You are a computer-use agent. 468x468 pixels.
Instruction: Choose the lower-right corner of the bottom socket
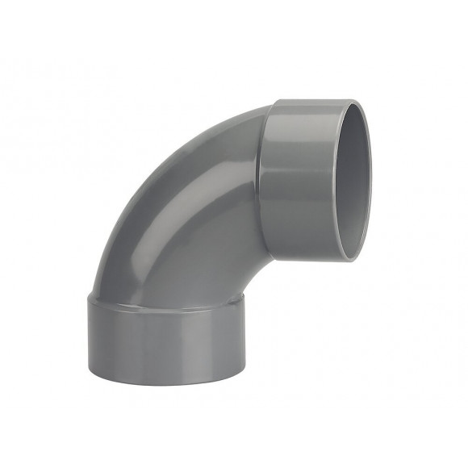pos(243,371)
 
